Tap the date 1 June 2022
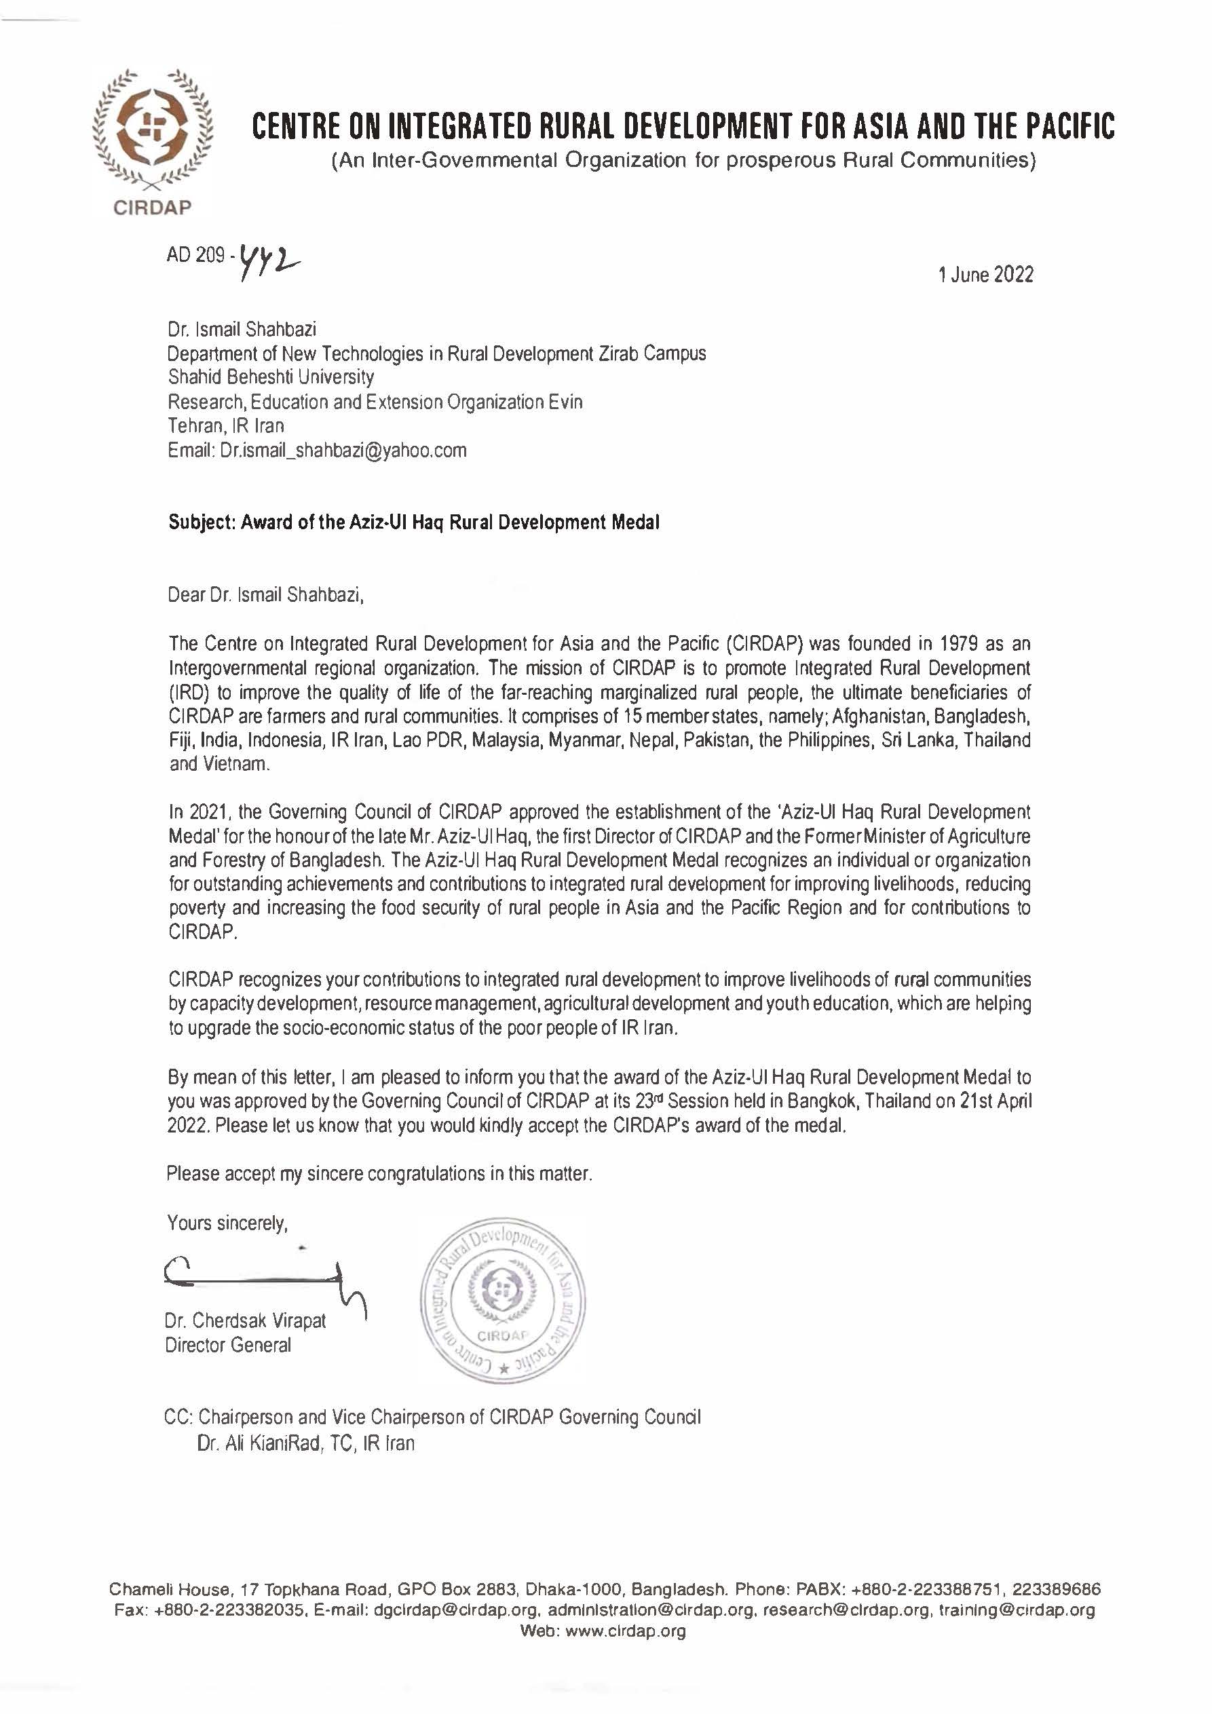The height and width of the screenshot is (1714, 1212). click(986, 275)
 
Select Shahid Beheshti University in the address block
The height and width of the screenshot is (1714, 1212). click(271, 377)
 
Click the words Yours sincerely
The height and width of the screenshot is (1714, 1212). click(227, 1223)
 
